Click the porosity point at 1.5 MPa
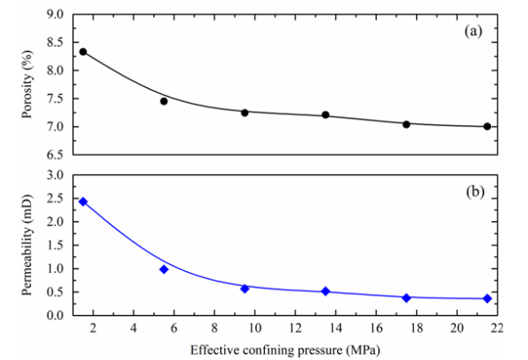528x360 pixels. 83,52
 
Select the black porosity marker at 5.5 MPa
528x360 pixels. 164,101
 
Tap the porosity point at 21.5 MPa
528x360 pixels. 487,127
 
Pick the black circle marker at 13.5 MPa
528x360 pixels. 326,115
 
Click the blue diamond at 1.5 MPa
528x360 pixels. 83,202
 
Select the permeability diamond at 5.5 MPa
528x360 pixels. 164,269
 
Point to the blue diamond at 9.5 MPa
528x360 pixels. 245,289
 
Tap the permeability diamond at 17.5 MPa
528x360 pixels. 407,298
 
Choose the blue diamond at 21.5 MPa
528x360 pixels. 487,298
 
